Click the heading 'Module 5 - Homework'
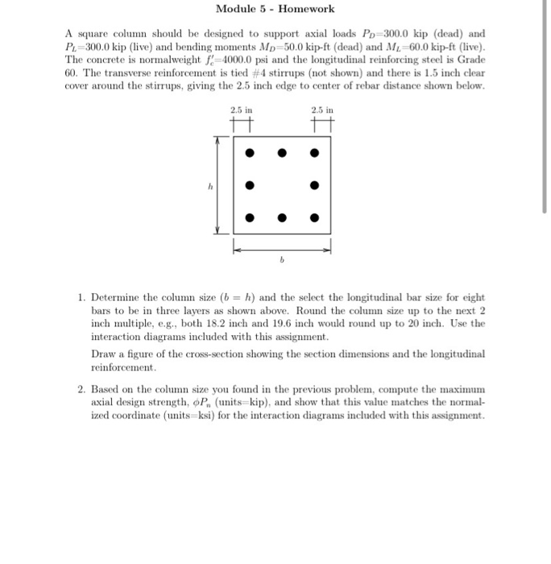(x=275, y=9)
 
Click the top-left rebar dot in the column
(x=250, y=152)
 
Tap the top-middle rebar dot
(x=283, y=152)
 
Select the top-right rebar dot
(x=315, y=152)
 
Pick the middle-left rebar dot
(x=250, y=185)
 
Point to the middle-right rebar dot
(x=315, y=185)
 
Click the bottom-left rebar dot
(x=250, y=217)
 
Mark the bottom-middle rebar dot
(x=283, y=217)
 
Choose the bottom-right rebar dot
(x=315, y=217)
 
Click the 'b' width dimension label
(x=282, y=262)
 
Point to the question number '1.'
(x=82, y=298)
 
